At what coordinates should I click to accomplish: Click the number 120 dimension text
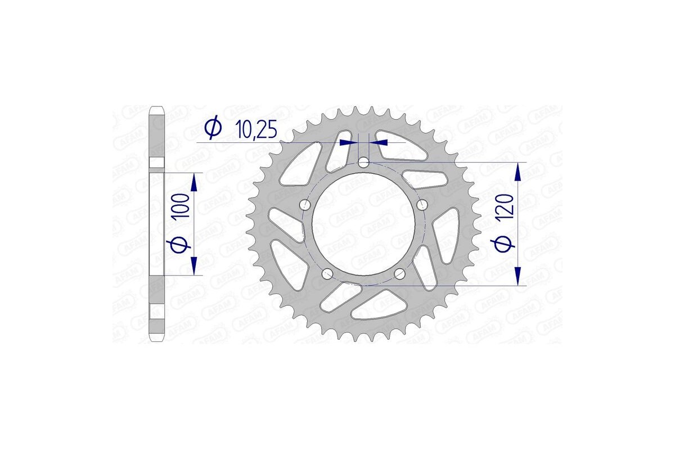505,211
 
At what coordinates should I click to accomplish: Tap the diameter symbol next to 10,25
213,129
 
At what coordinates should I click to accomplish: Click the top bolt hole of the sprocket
364,163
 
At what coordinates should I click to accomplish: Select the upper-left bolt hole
305,204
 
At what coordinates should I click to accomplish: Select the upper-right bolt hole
423,204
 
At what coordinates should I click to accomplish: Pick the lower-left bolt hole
327,273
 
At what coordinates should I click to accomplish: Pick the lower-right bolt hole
400,273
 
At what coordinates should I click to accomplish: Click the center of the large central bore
364,224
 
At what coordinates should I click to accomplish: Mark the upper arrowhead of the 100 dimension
194,182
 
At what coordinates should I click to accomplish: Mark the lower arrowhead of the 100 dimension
194,265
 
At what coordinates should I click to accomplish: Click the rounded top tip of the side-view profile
157,107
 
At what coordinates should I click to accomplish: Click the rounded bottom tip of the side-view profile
157,340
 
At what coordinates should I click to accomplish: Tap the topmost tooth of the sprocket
356,110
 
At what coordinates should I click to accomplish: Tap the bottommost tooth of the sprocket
356,338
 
